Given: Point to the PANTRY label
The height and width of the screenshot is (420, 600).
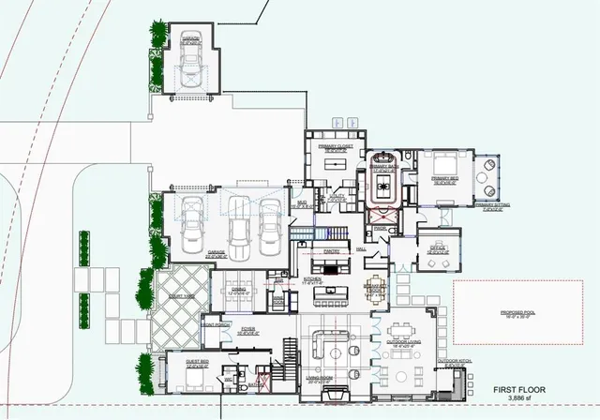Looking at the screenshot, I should point(330,251).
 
